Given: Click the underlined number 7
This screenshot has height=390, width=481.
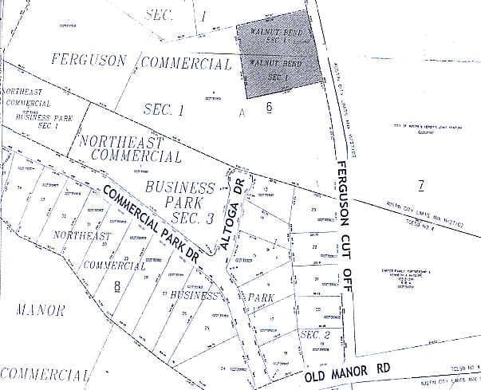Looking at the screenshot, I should [x=420, y=186].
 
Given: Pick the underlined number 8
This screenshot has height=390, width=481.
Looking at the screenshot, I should [x=117, y=285].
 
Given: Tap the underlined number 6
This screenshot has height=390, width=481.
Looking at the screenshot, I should [x=270, y=107].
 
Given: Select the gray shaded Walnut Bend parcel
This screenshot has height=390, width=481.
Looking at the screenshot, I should [x=278, y=56].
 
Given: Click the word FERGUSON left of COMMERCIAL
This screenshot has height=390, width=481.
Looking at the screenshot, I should [x=89, y=60].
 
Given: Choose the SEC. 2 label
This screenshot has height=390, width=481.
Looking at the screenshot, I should [x=314, y=335].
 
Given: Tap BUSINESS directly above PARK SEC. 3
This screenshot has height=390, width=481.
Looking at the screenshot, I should [x=180, y=188].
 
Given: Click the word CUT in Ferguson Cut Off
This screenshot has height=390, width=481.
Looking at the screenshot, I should [x=345, y=238].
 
